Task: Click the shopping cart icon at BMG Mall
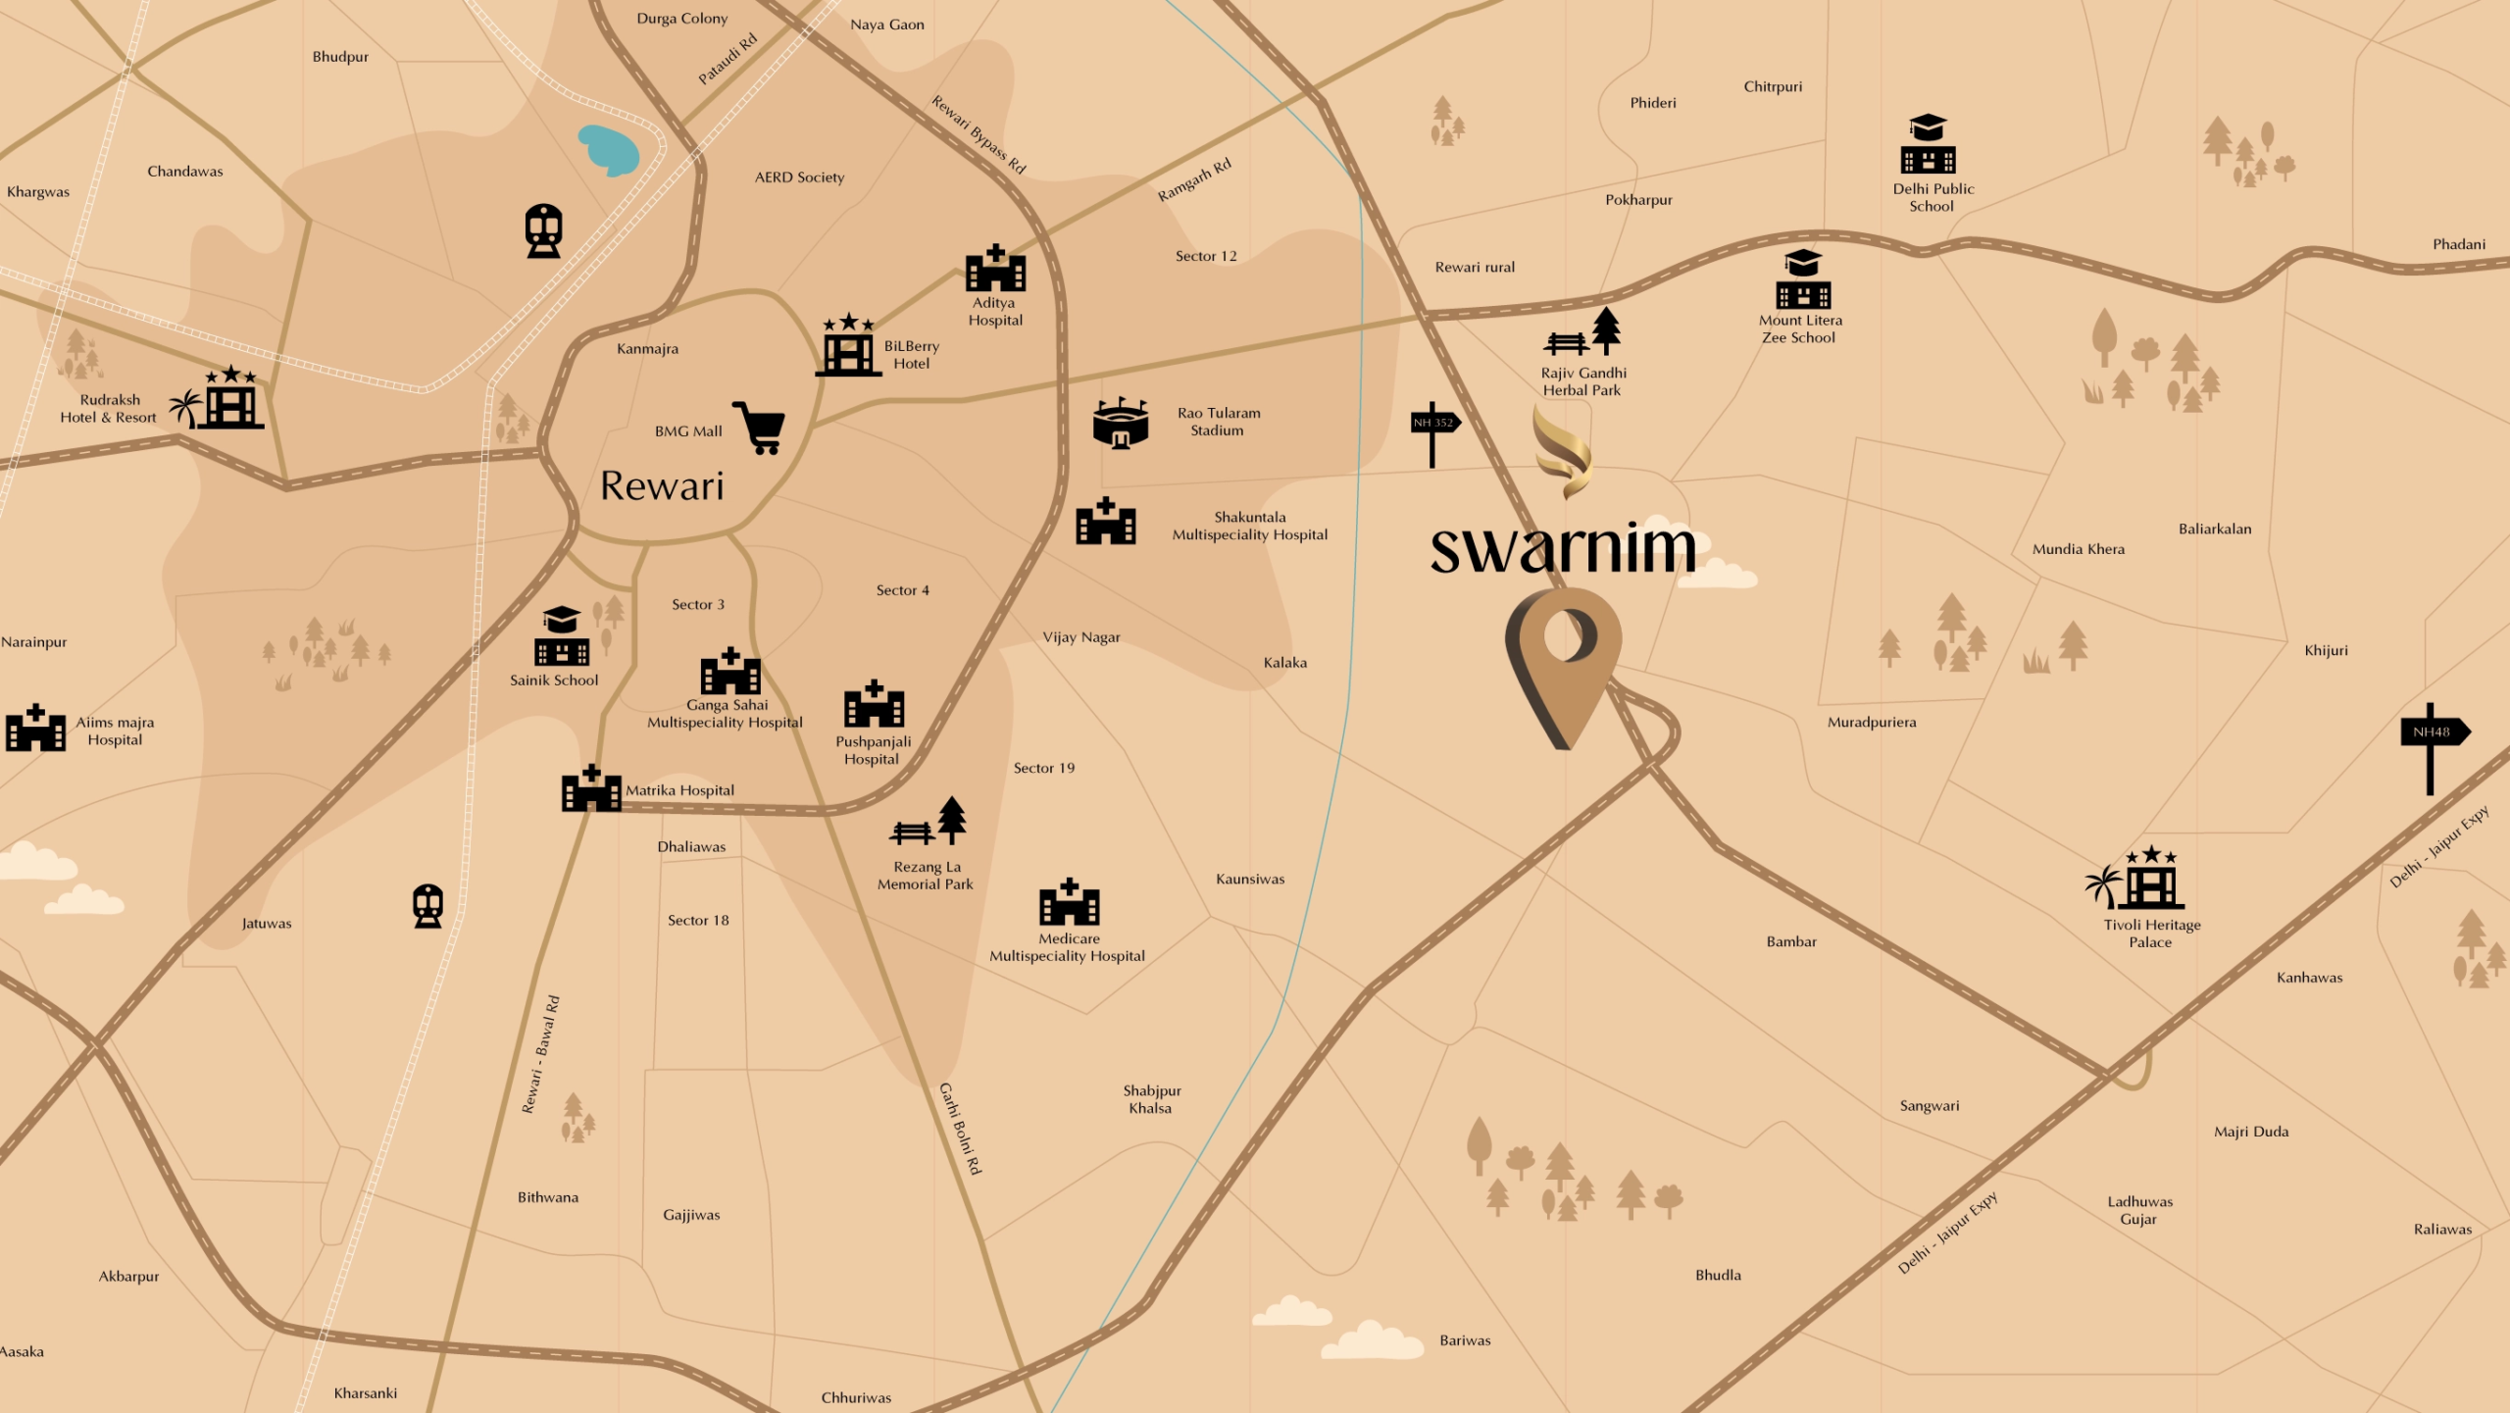(760, 429)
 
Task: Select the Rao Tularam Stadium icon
(1120, 425)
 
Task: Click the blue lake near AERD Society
(609, 150)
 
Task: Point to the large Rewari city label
(662, 486)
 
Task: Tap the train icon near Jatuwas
(427, 906)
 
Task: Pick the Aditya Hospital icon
(995, 269)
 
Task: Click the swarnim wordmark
(1563, 549)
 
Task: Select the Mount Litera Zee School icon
(1803, 281)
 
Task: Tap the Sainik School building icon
(562, 637)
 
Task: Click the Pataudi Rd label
(728, 60)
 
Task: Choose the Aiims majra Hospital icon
(35, 729)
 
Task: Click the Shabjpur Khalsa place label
(1151, 1100)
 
